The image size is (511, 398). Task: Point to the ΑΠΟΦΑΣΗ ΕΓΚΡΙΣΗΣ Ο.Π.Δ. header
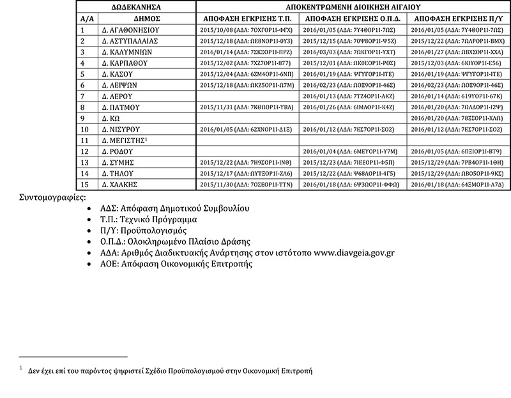[353, 18]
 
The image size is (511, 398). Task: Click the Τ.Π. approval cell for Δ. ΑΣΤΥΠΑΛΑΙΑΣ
[247, 41]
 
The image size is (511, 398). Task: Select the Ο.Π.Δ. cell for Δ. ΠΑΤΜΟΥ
[353, 107]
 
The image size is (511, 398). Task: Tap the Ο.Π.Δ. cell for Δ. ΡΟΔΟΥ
[353, 151]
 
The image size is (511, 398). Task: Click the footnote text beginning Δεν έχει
[170, 371]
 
